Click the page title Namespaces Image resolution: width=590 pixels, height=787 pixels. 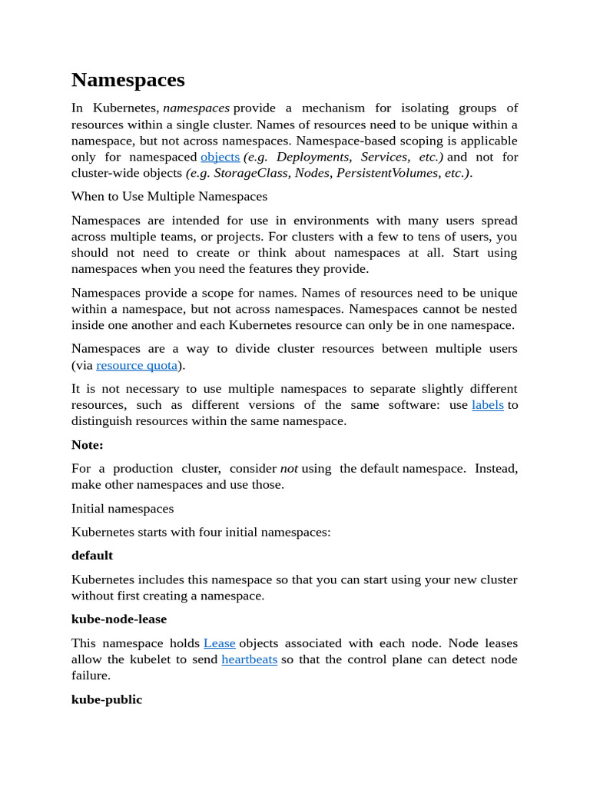click(128, 80)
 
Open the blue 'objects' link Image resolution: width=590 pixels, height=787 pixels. click(220, 157)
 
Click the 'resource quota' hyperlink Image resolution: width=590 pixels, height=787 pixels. click(137, 365)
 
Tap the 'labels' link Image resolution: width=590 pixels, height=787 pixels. click(487, 405)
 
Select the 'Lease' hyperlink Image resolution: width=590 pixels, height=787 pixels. click(219, 643)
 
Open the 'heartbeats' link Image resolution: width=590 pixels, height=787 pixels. click(249, 659)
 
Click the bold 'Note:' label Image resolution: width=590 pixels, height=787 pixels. click(87, 445)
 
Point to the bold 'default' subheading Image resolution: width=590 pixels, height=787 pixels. click(92, 556)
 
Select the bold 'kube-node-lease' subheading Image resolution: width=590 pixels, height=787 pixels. click(118, 619)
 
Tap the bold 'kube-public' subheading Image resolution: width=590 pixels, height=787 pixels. click(107, 700)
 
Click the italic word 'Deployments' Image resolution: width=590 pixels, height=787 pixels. click(312, 157)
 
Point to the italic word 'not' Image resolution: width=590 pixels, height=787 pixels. click(289, 469)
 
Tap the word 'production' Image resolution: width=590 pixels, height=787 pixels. click(145, 469)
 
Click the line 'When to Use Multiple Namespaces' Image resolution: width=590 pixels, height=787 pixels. click(169, 197)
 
